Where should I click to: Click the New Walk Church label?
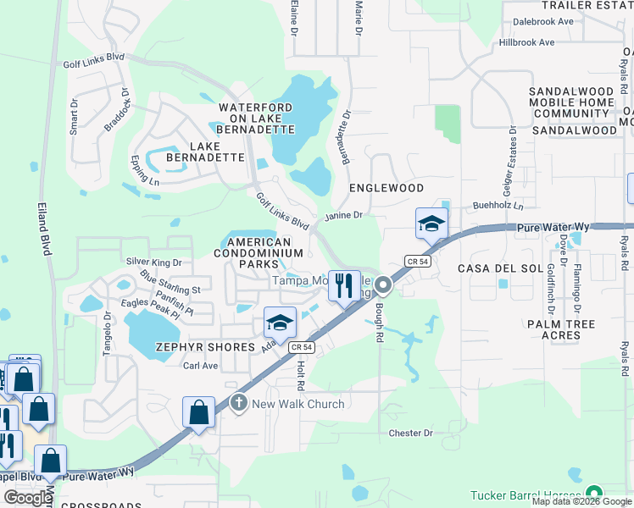tap(298, 404)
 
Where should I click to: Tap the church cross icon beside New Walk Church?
tap(239, 403)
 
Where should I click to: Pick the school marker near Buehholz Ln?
tap(431, 224)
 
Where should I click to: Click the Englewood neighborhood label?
tap(386, 188)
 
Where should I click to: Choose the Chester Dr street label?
tap(410, 433)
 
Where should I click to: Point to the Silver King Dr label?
tap(153, 263)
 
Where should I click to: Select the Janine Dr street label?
tap(343, 215)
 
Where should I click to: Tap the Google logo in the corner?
tap(28, 497)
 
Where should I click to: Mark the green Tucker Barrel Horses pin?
tap(593, 494)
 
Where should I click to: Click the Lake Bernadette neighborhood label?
tap(205, 152)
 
